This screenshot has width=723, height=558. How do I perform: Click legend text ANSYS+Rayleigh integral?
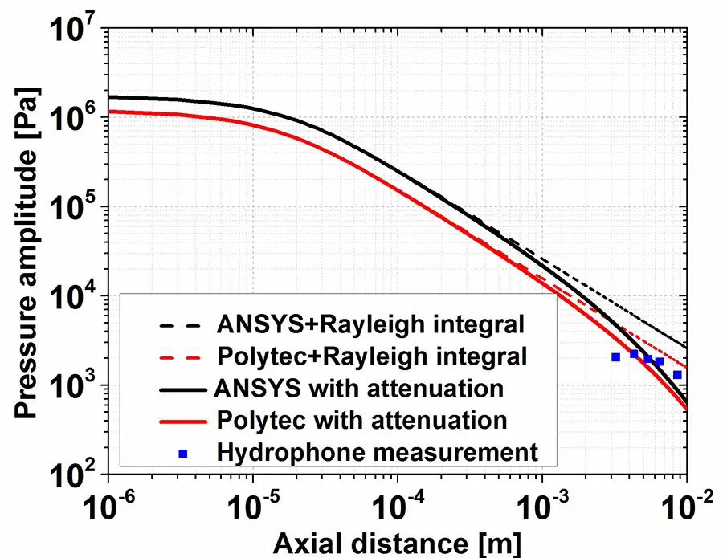coord(370,324)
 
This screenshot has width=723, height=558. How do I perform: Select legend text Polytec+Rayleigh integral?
coord(372,356)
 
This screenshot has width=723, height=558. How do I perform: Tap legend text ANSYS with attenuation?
coord(359,388)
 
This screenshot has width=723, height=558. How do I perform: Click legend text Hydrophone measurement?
coord(377,451)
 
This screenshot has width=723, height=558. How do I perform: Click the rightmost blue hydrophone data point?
coord(677,375)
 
